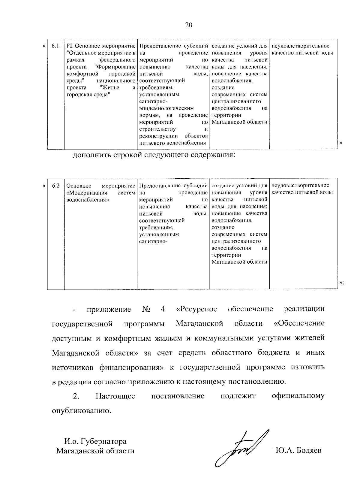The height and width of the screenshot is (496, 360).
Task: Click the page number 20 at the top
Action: pos(189,25)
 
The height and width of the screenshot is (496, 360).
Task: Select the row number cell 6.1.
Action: pos(56,46)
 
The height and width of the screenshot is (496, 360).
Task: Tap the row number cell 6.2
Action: pos(55,186)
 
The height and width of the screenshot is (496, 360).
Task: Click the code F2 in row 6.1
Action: pos(69,46)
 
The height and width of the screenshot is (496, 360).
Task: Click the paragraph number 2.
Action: pos(76,396)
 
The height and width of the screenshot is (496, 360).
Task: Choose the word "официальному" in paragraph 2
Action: pos(298,396)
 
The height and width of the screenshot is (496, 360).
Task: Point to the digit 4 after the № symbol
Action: pos(163,309)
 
